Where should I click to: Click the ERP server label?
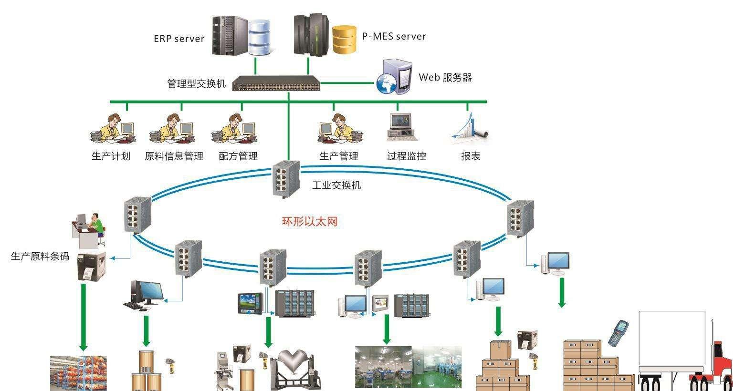pyautogui.click(x=179, y=39)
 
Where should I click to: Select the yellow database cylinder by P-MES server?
pyautogui.click(x=344, y=40)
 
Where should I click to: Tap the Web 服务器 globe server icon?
pyautogui.click(x=394, y=77)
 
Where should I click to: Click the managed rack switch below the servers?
pyautogui.click(x=276, y=84)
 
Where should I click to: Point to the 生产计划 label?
pyautogui.click(x=111, y=156)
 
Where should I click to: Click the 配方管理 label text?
pyautogui.click(x=238, y=156)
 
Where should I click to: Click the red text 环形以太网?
pyautogui.click(x=310, y=221)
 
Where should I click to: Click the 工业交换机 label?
pyautogui.click(x=336, y=185)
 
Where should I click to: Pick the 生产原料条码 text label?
pyautogui.click(x=40, y=257)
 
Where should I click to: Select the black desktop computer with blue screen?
pyautogui.click(x=146, y=295)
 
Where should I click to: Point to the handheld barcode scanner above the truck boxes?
pyautogui.click(x=618, y=333)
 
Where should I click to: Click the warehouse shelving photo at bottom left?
pyautogui.click(x=78, y=373)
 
